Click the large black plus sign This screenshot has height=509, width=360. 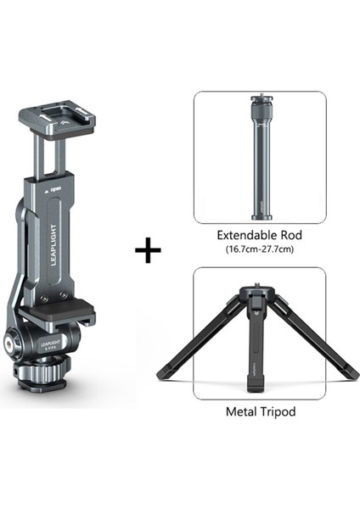[x=148, y=251]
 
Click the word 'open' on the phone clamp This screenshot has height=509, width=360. [x=55, y=189]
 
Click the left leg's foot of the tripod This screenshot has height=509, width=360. [x=163, y=374]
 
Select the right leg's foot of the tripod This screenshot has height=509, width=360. [x=352, y=373]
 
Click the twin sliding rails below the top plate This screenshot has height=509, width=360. [x=49, y=157]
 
